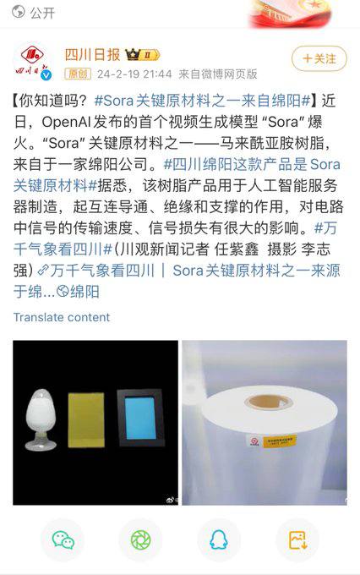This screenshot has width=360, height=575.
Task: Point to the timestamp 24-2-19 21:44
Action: coord(123,74)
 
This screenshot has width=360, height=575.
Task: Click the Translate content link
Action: coord(61,317)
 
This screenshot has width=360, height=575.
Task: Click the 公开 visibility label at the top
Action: coord(42,14)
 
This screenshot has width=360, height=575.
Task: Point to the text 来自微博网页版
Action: coord(208,74)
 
